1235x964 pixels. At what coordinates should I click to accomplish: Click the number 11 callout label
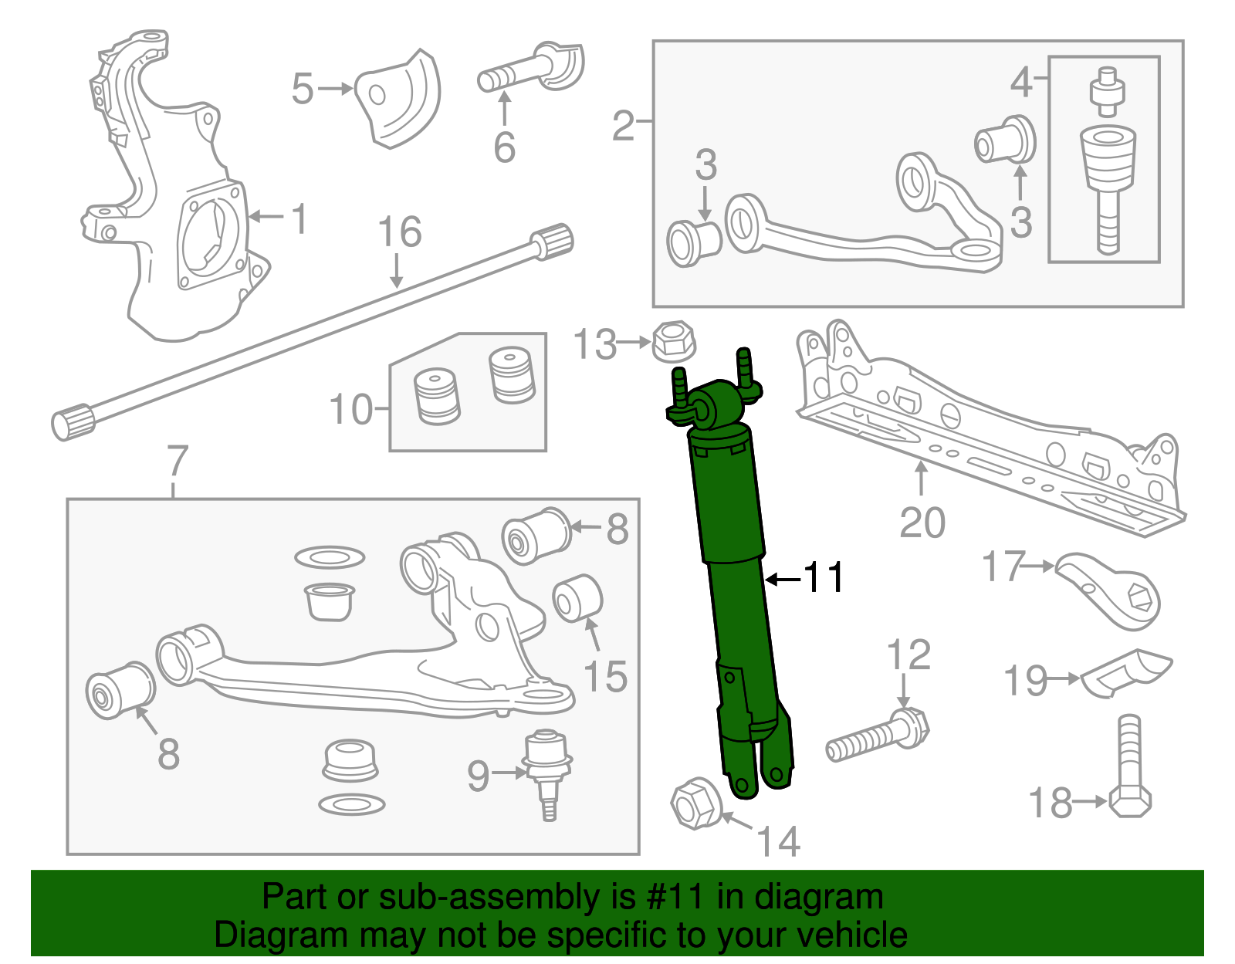coord(824,577)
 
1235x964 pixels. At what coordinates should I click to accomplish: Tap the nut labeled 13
coord(674,342)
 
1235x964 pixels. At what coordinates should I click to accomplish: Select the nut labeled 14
coord(696,804)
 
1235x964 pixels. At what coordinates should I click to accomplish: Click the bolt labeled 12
coord(880,738)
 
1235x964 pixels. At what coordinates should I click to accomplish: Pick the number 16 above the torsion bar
coord(400,232)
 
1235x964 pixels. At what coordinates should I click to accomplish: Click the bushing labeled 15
coord(577,598)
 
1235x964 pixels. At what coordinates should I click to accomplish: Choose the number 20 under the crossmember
coord(922,523)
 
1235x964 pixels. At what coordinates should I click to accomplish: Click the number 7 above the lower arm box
coord(178,461)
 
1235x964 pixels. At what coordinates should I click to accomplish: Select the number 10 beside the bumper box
coord(350,409)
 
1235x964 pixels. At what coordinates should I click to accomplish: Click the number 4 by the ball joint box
coord(1021,81)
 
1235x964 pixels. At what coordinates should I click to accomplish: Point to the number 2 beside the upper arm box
coord(623,126)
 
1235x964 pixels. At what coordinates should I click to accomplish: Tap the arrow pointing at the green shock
coord(781,578)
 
